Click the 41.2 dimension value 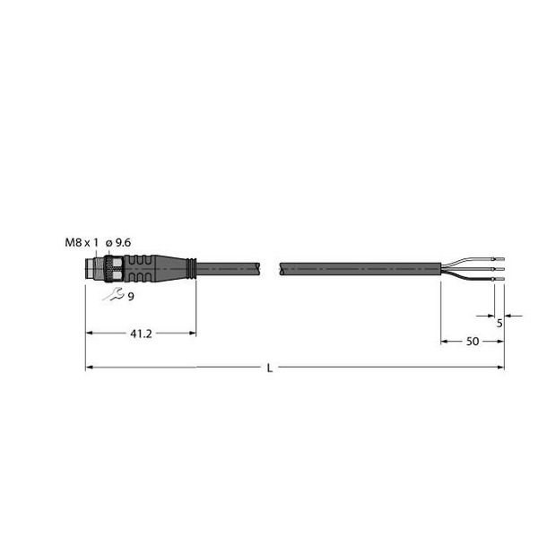[140, 333]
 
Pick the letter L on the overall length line [272, 368]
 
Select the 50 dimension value [472, 342]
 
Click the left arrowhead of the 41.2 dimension [90, 333]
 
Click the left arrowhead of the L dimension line [90, 368]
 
